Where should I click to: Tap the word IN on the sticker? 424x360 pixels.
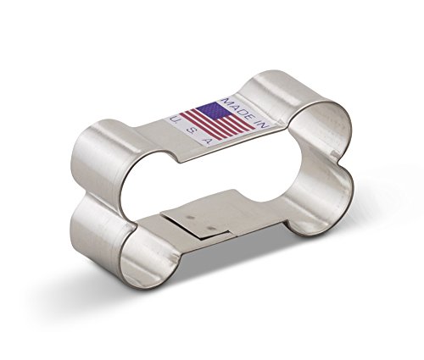(261, 123)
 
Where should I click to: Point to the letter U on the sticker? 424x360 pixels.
(175, 120)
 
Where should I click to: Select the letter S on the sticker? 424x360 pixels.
(191, 130)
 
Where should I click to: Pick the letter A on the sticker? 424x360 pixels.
(207, 141)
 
